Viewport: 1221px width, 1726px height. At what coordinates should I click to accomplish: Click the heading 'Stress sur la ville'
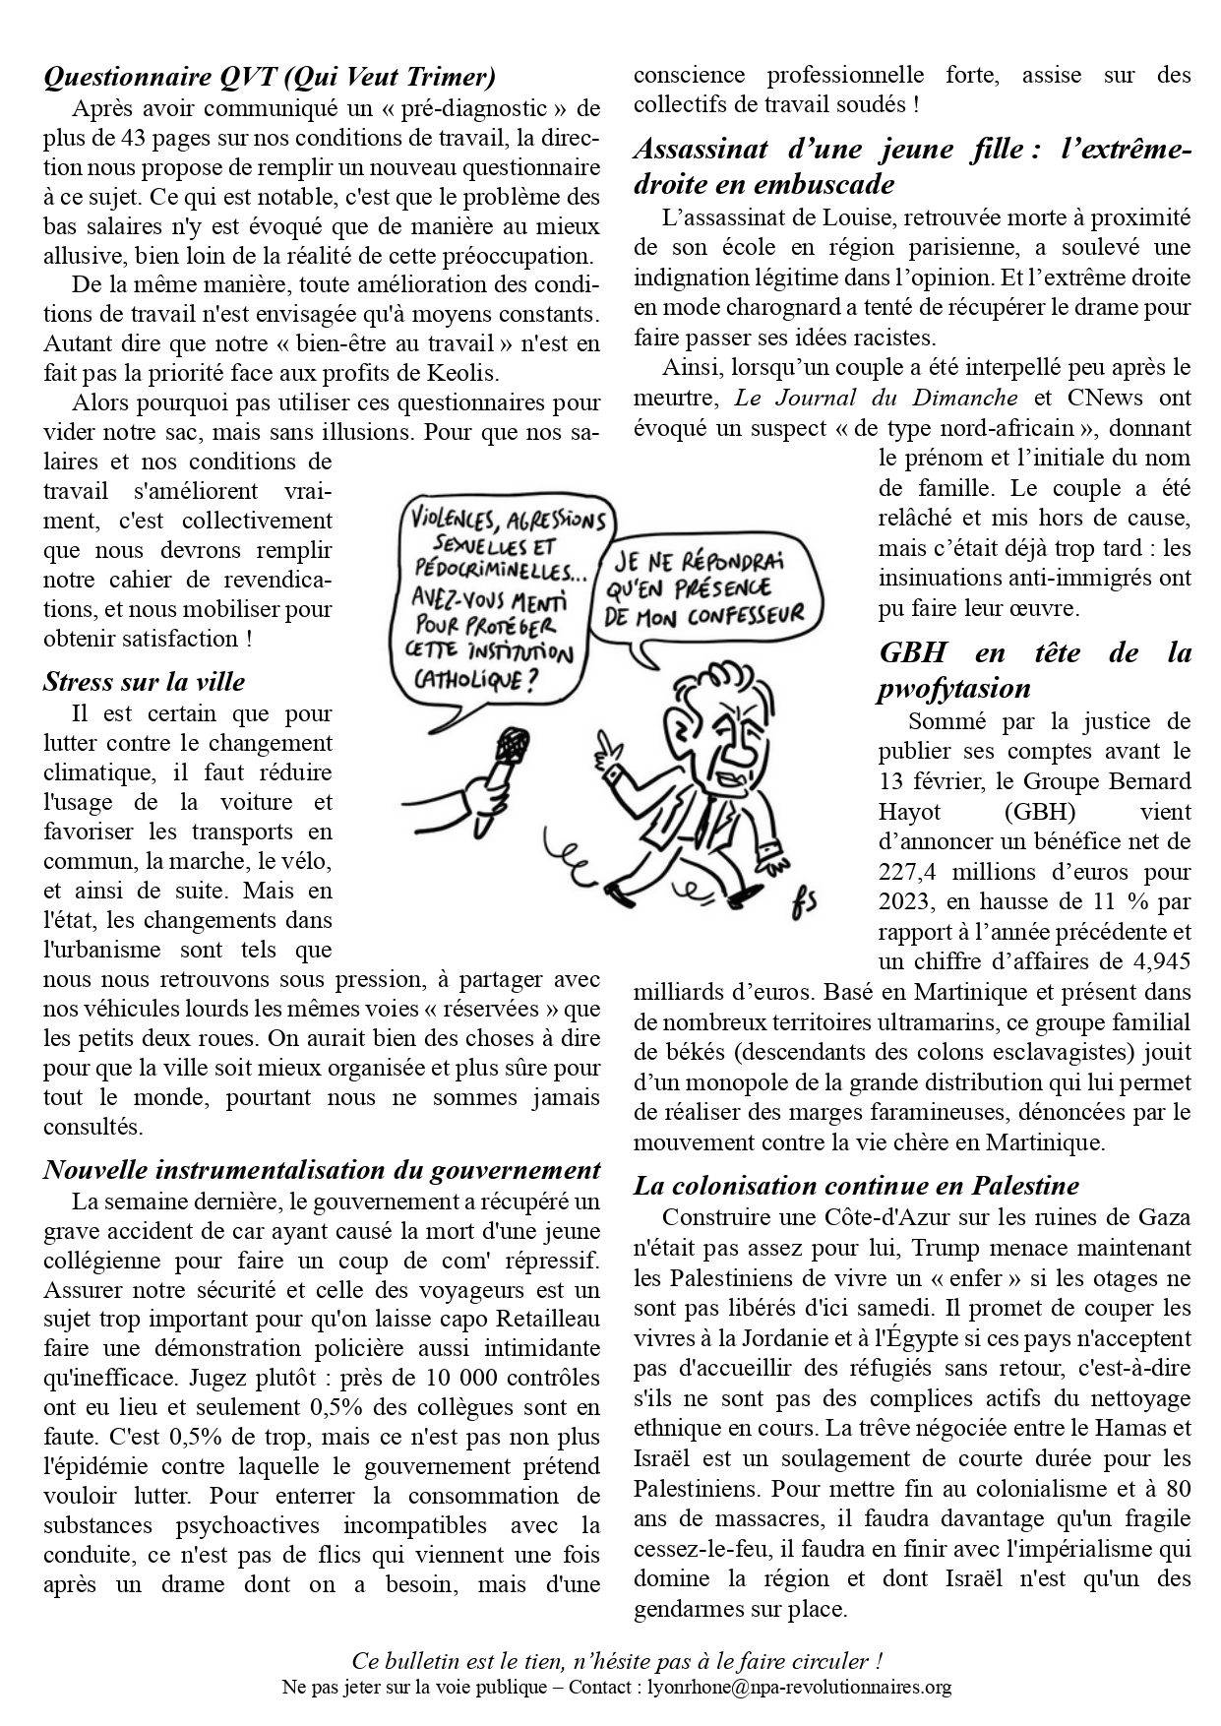pyautogui.click(x=144, y=682)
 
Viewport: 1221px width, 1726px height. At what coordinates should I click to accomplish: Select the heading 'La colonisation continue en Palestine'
pyautogui.click(x=856, y=1186)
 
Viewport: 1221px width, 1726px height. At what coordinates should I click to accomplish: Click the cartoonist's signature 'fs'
pyautogui.click(x=803, y=902)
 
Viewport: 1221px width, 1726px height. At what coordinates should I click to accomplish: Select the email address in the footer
pyautogui.click(x=799, y=1688)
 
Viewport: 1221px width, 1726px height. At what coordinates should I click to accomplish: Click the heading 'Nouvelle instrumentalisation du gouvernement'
pyautogui.click(x=322, y=1170)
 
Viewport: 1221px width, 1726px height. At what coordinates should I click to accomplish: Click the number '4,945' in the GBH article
pyautogui.click(x=1157, y=961)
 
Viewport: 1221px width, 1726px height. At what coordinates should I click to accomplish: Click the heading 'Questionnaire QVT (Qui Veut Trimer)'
pyautogui.click(x=270, y=76)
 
